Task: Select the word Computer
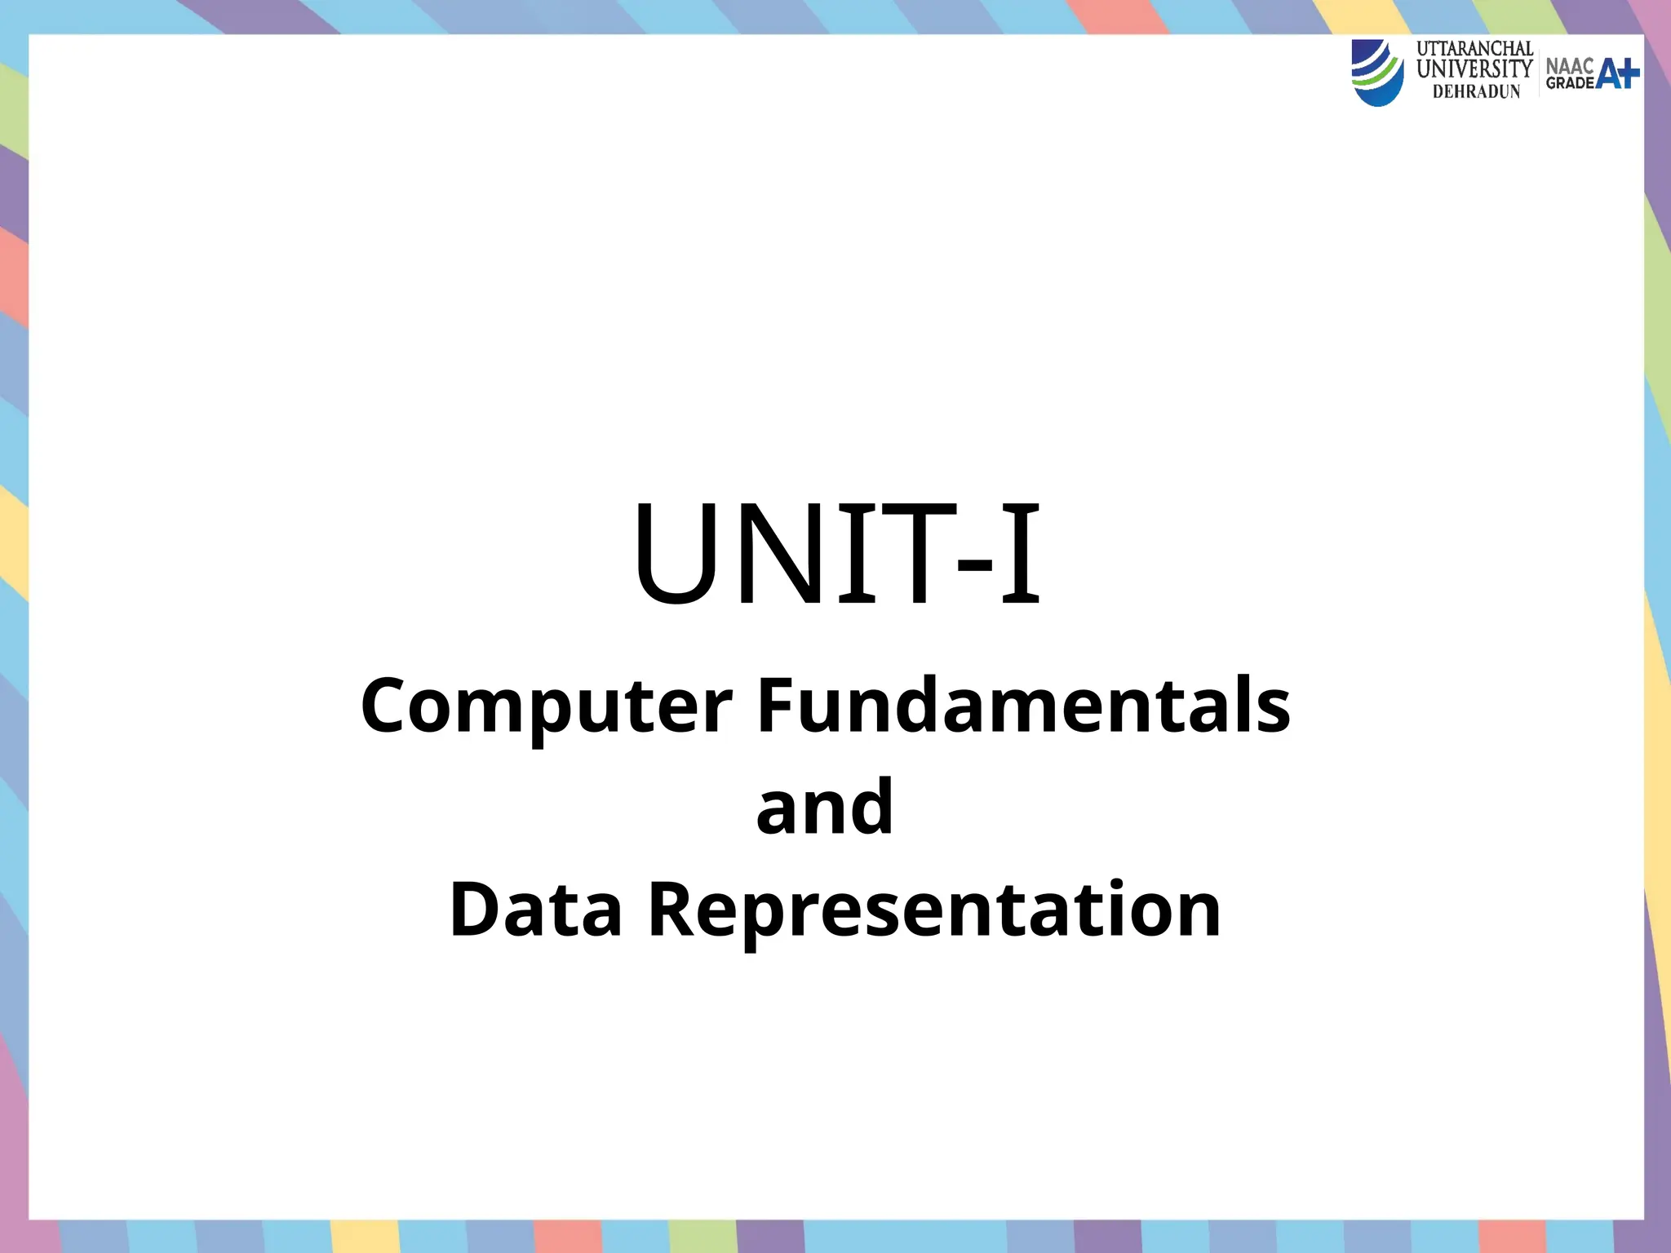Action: pyautogui.click(x=547, y=706)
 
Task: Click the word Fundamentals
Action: pyautogui.click(x=1024, y=705)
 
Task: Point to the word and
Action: pyautogui.click(x=825, y=807)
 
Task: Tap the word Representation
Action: pyautogui.click(x=934, y=910)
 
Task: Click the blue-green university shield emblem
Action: pyautogui.click(x=1377, y=73)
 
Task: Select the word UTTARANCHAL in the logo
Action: pyautogui.click(x=1474, y=49)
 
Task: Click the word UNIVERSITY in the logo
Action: pyautogui.click(x=1474, y=69)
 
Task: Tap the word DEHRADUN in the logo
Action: pyautogui.click(x=1477, y=92)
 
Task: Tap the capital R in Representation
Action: pyautogui.click(x=672, y=909)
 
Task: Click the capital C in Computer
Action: pyautogui.click(x=386, y=706)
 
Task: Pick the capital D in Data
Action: pyautogui.click(x=475, y=909)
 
